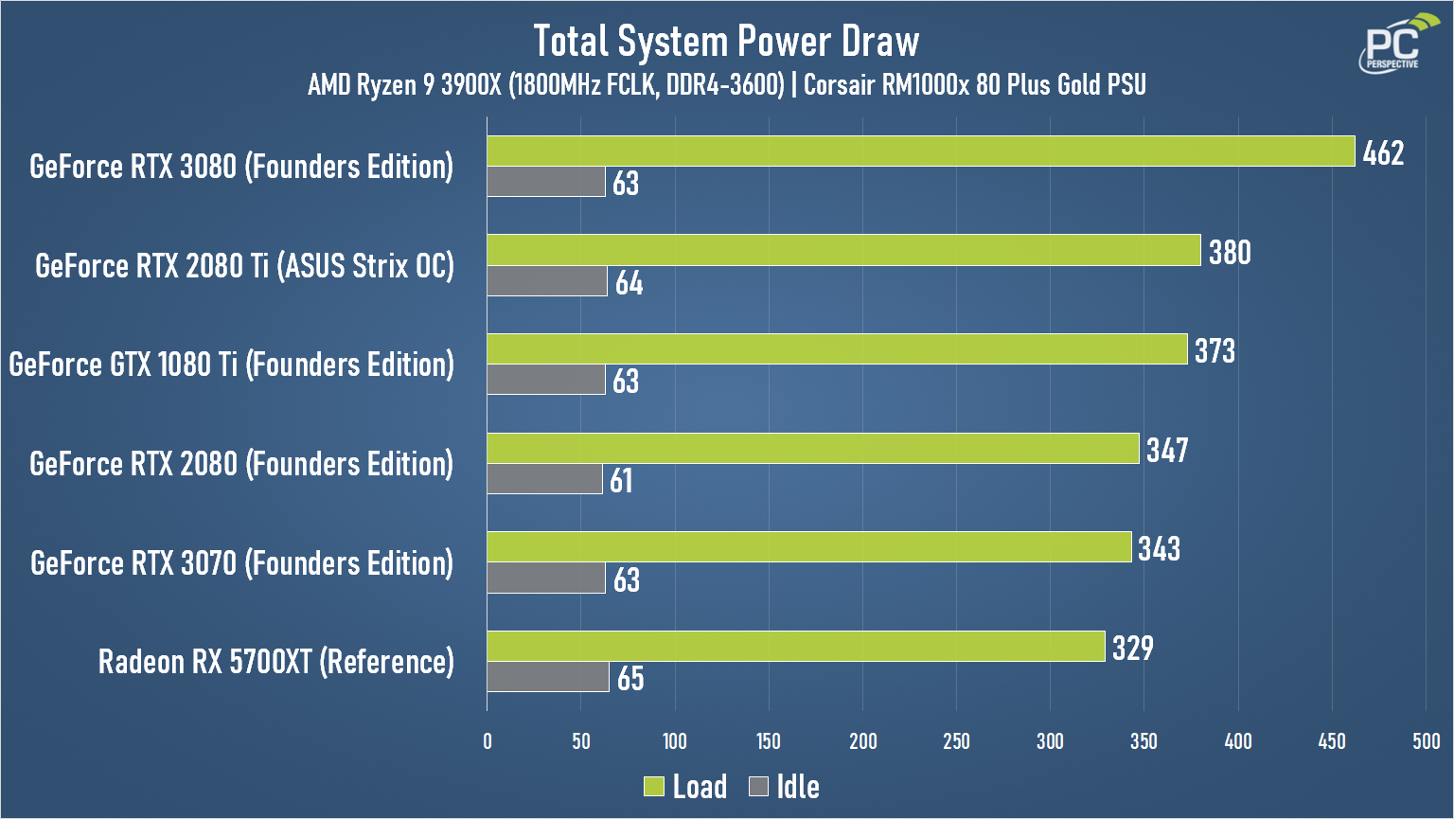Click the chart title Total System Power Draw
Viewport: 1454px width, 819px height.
point(726,42)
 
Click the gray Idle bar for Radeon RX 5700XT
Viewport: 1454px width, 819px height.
point(548,677)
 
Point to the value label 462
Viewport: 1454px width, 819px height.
point(1383,152)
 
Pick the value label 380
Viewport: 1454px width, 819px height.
point(1230,252)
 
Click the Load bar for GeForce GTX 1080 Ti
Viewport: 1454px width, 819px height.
point(837,349)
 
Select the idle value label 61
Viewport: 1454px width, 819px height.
point(621,481)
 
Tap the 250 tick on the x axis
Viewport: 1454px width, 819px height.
point(956,741)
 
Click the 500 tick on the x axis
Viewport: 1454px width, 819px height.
point(1426,741)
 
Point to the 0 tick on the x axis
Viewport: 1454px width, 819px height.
point(488,741)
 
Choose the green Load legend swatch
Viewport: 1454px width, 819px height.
point(654,786)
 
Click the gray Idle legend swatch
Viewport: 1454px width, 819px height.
point(758,786)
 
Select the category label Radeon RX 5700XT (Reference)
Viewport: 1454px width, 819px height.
point(275,661)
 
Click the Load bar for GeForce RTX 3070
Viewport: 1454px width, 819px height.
point(809,547)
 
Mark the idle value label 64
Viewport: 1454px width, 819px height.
point(629,283)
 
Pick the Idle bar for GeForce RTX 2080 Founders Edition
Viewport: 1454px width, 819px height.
point(544,479)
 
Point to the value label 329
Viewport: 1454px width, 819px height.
point(1132,648)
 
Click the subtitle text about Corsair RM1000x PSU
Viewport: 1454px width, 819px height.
point(975,85)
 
